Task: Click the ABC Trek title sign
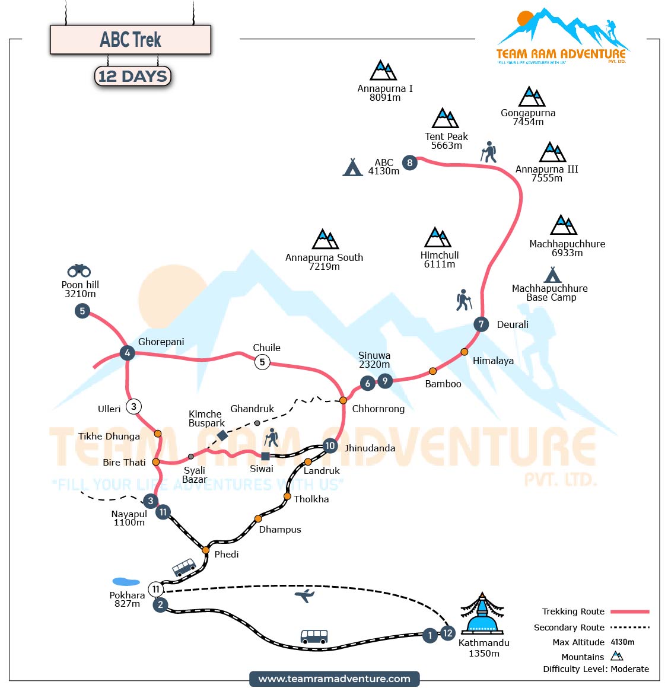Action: tap(131, 40)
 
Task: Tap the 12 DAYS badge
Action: tap(132, 77)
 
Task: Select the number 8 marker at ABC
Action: tap(409, 163)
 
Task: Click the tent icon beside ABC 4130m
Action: tap(353, 167)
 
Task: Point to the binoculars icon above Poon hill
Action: tap(79, 270)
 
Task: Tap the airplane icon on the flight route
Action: tap(304, 595)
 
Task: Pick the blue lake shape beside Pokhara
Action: tap(126, 582)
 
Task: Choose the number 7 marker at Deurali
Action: tap(481, 324)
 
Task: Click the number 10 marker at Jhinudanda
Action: tap(330, 446)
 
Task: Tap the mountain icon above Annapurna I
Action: tap(383, 71)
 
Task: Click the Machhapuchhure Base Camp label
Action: tap(550, 293)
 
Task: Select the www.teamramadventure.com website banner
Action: tap(335, 679)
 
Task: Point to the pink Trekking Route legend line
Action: tap(629, 611)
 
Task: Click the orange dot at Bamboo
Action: tap(432, 371)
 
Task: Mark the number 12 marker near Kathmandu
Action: tap(447, 633)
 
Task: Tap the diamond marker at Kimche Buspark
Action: tap(222, 435)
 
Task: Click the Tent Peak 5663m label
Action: tap(446, 141)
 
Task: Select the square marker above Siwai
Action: tap(266, 456)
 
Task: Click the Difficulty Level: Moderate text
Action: tap(596, 669)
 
